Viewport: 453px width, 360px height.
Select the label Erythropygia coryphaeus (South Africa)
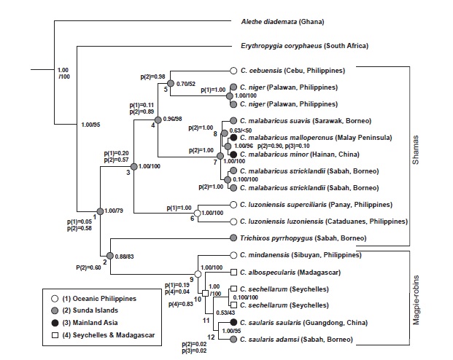304,46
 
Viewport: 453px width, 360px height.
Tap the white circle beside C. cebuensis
233,71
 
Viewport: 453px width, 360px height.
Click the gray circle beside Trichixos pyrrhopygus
233,238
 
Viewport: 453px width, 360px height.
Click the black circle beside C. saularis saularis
233,322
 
